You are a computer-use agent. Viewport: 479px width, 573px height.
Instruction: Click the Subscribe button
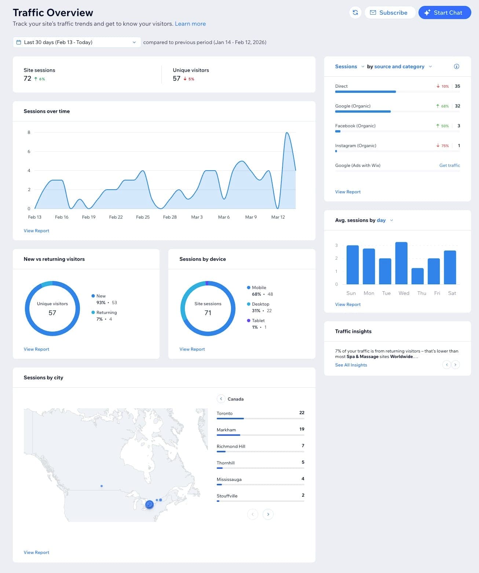point(390,12)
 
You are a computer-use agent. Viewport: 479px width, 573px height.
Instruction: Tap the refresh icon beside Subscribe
point(355,12)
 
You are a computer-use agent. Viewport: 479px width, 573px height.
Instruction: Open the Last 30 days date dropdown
point(77,42)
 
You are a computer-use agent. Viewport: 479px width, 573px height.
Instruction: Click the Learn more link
point(190,24)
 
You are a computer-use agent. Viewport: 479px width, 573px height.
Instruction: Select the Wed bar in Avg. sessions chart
point(401,263)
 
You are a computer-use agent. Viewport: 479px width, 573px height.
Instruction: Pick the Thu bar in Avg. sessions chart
point(417,276)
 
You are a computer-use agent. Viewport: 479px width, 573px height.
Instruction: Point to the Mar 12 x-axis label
point(278,217)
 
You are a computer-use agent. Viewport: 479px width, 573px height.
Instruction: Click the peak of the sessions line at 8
point(287,133)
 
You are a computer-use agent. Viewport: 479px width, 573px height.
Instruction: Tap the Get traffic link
point(449,165)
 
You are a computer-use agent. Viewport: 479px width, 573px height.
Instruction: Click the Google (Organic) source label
point(352,106)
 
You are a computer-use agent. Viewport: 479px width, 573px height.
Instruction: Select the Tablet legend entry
point(258,321)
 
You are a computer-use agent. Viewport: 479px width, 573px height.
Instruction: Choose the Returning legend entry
point(106,313)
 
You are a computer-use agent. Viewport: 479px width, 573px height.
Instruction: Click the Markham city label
point(226,430)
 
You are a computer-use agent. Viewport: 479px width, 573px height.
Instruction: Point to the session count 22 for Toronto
point(301,413)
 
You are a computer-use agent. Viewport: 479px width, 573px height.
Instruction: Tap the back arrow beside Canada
point(221,399)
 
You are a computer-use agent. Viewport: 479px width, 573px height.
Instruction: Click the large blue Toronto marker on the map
point(149,504)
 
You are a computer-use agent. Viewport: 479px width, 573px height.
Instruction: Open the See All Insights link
point(351,365)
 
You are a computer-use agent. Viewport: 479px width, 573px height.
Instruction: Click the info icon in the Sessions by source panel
point(456,66)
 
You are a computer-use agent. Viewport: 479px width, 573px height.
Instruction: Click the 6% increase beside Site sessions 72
point(40,79)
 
